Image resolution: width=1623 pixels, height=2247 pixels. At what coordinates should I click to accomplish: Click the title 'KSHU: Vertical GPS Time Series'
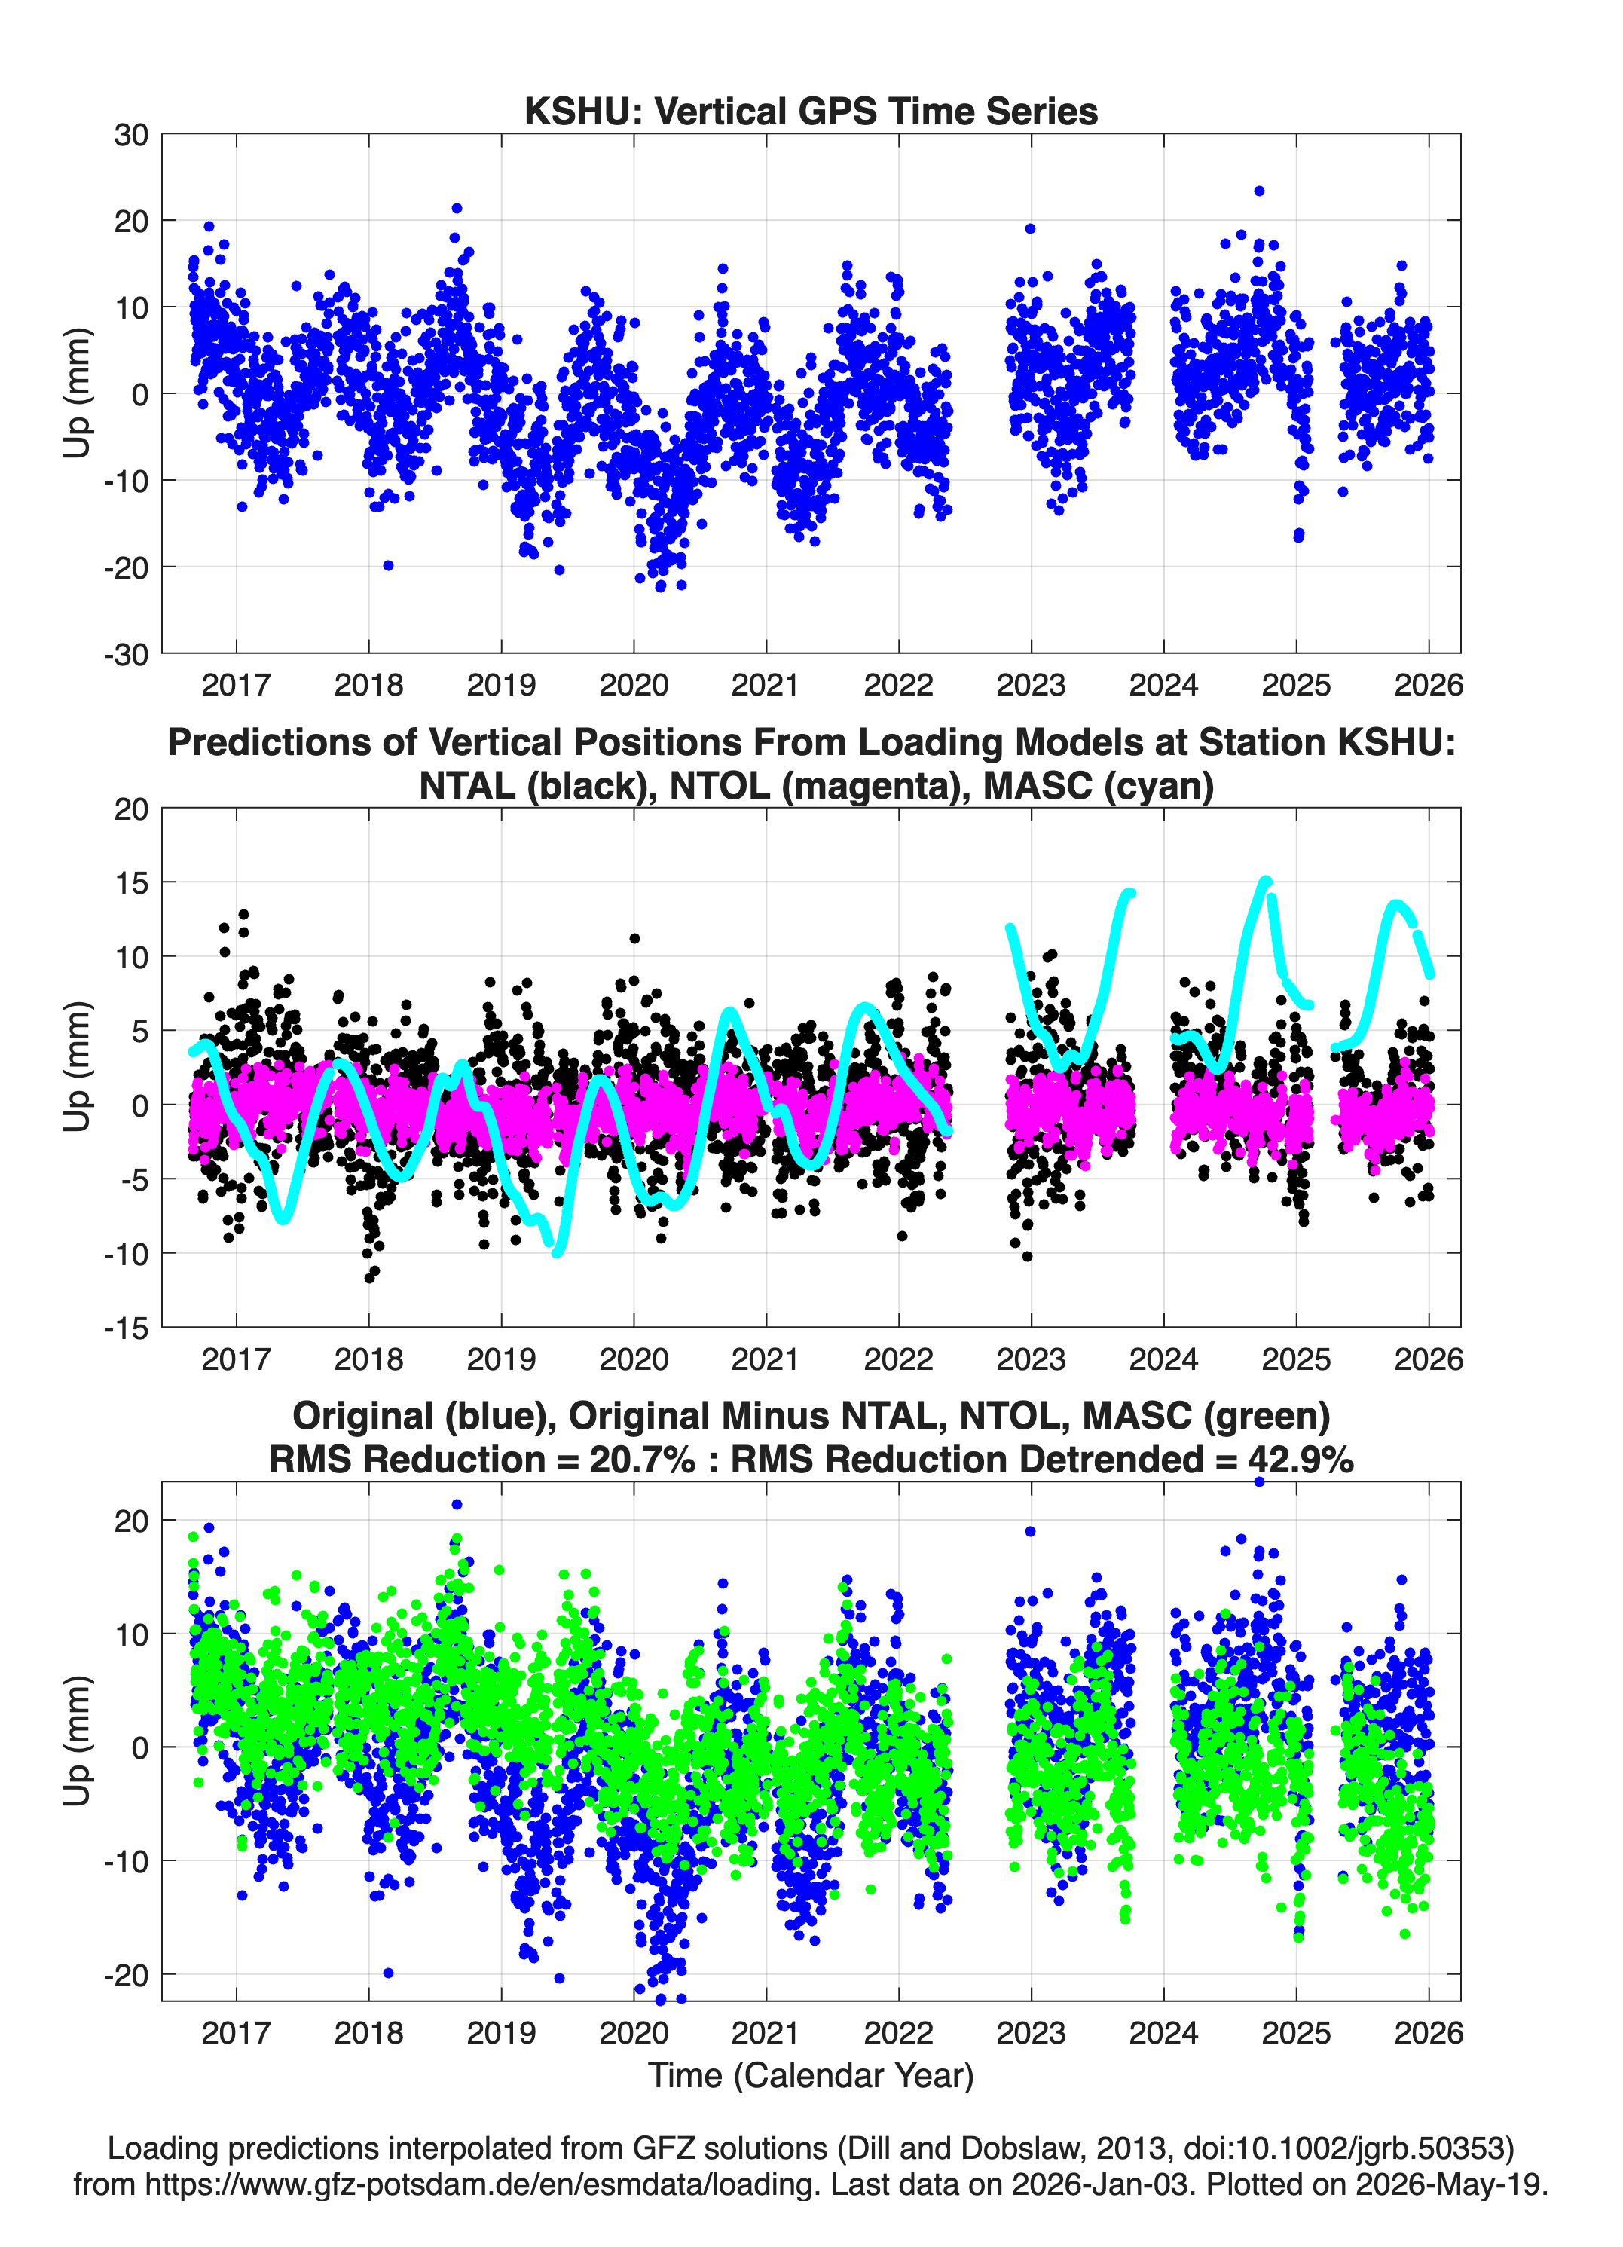coord(811,111)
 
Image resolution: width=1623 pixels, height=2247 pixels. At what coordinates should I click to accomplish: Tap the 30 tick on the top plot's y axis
coord(132,135)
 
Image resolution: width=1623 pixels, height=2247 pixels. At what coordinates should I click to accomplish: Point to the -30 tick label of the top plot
coord(126,654)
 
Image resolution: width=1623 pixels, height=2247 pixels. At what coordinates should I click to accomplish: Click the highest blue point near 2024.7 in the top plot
coord(1258,191)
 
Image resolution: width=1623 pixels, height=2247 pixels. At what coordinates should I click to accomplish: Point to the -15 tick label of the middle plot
coord(126,1328)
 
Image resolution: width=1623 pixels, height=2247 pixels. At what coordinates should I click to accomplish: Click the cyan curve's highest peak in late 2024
coord(1265,880)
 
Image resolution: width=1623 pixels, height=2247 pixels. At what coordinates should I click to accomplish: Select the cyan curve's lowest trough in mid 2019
coord(557,1252)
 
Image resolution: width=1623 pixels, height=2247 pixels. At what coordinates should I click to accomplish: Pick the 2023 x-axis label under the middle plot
coord(1032,1359)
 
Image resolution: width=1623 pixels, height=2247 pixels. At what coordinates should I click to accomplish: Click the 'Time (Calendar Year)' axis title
coord(811,2074)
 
